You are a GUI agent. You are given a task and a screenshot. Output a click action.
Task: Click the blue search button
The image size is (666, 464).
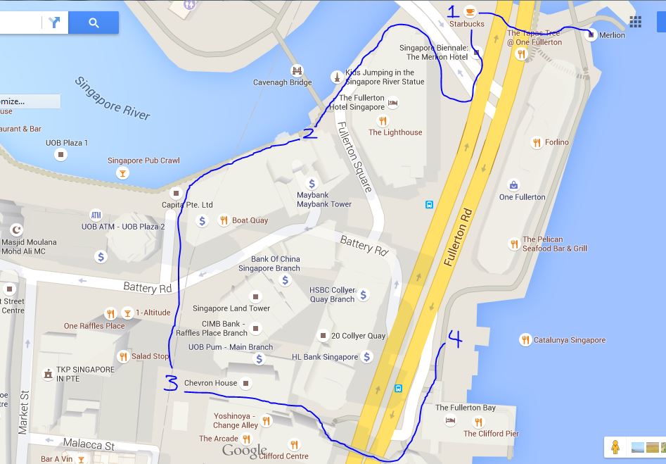pyautogui.click(x=94, y=23)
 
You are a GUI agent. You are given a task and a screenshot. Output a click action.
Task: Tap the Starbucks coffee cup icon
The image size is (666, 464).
pyautogui.click(x=470, y=11)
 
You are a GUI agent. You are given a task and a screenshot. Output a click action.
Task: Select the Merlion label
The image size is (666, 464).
pyautogui.click(x=611, y=35)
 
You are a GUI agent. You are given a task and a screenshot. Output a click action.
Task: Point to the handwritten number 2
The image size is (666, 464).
pyautogui.click(x=309, y=132)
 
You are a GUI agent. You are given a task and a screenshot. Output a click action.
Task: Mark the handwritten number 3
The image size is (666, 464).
pyautogui.click(x=171, y=382)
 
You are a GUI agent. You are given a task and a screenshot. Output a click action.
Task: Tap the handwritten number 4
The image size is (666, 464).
pyautogui.click(x=454, y=340)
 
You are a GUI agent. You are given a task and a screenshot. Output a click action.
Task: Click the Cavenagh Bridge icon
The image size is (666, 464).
pyautogui.click(x=297, y=70)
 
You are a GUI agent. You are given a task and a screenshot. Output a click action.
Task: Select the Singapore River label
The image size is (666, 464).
pyautogui.click(x=112, y=98)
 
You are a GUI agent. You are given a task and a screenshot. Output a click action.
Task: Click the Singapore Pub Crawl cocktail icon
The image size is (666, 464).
pyautogui.click(x=122, y=173)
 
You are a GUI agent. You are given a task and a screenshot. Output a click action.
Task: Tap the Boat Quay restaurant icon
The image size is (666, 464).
pyautogui.click(x=223, y=220)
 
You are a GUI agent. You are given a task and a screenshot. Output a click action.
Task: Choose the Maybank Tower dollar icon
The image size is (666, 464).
pyautogui.click(x=312, y=184)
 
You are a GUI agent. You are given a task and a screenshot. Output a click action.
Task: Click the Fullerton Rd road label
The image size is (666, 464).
pyautogui.click(x=456, y=237)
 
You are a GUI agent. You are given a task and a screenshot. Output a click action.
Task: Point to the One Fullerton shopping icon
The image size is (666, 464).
pyautogui.click(x=514, y=185)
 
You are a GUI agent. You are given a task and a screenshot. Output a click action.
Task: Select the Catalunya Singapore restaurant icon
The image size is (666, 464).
pyautogui.click(x=525, y=340)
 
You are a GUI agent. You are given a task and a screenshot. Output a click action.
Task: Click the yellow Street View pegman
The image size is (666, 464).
pyautogui.click(x=615, y=446)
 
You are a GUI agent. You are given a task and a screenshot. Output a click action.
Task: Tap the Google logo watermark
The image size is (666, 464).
pyautogui.click(x=245, y=451)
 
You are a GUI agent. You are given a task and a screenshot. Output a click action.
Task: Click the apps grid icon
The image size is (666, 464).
pyautogui.click(x=635, y=22)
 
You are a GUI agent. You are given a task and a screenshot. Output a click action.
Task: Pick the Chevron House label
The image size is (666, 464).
pyautogui.click(x=210, y=383)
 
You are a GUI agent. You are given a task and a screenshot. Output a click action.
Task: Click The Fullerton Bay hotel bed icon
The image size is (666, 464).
pyautogui.click(x=450, y=421)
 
